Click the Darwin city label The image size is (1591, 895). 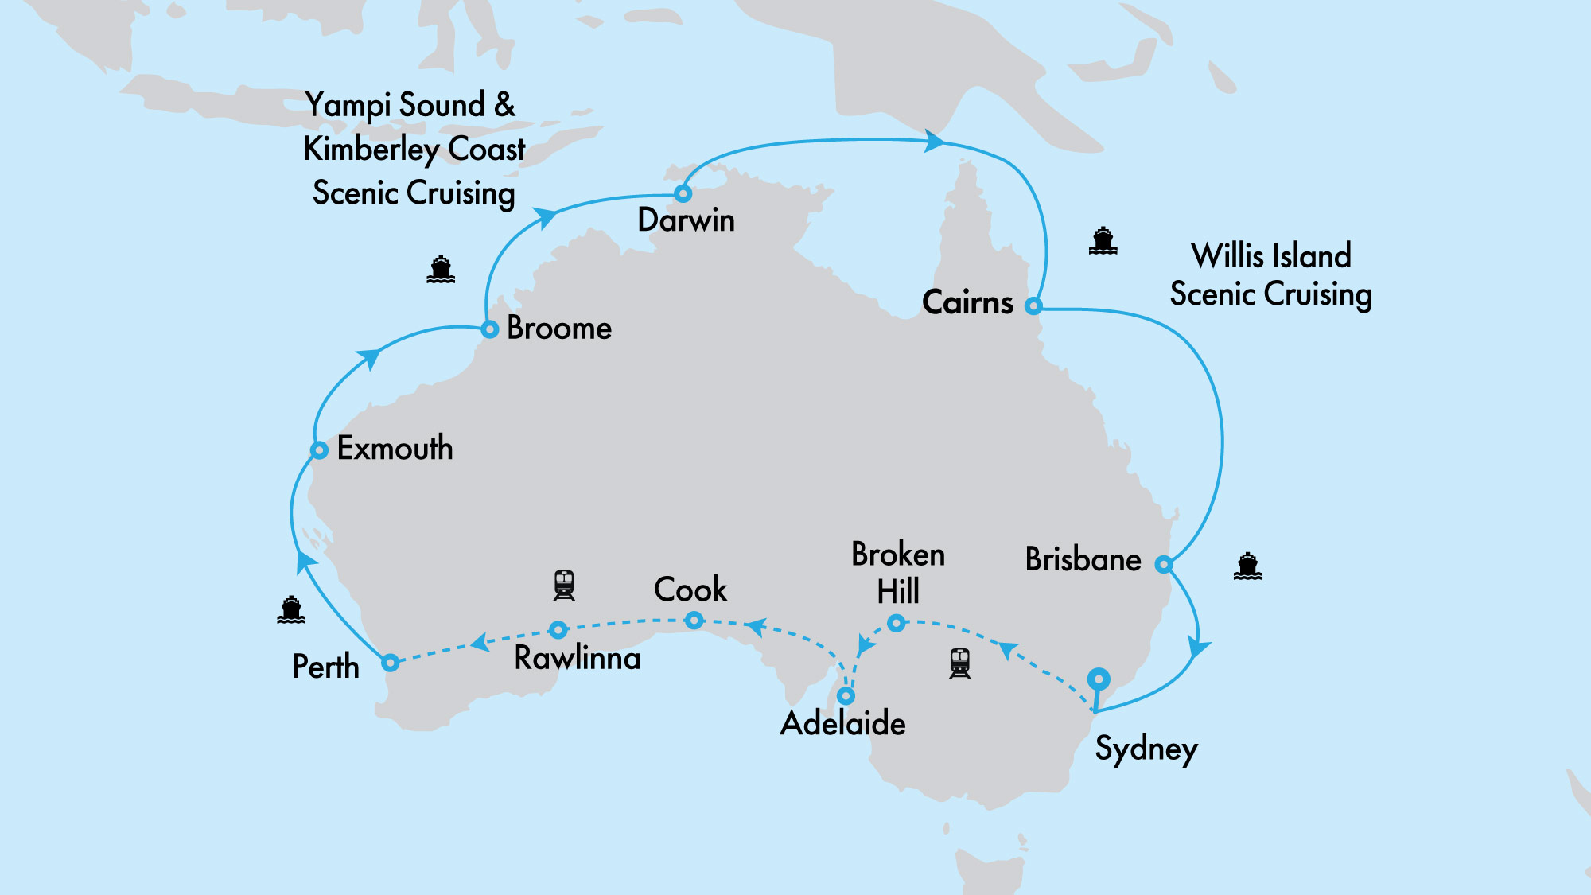(x=686, y=220)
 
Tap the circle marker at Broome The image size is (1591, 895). (x=490, y=329)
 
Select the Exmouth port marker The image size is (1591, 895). (x=319, y=450)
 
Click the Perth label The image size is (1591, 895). (x=325, y=667)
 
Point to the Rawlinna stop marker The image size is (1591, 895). (x=558, y=630)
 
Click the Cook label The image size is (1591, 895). (x=690, y=590)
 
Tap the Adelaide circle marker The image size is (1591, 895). (x=846, y=696)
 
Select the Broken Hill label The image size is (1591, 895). (x=898, y=573)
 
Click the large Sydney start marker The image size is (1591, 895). (x=1099, y=679)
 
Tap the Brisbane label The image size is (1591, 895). (x=1083, y=559)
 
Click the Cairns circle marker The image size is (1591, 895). (x=1033, y=306)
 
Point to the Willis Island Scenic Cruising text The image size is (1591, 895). (x=1270, y=274)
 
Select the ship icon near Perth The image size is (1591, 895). (x=291, y=610)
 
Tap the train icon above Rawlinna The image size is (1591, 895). (x=564, y=585)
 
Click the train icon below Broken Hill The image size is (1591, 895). (x=960, y=663)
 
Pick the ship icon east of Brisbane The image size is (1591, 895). (x=1247, y=566)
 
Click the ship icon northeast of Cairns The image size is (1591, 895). (x=1103, y=240)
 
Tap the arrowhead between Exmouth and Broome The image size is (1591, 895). (x=369, y=359)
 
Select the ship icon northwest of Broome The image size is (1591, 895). (x=441, y=270)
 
